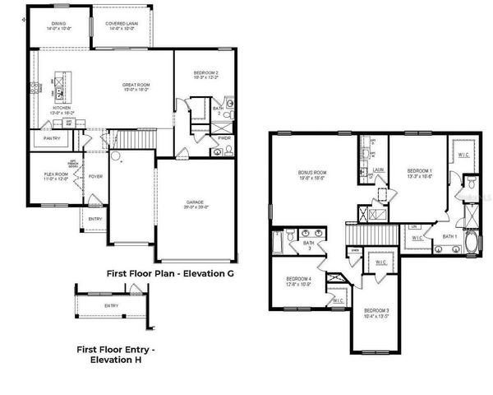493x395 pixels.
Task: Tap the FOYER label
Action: click(x=95, y=176)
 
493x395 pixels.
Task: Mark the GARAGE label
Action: click(x=196, y=204)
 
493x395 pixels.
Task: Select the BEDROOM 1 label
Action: click(x=419, y=172)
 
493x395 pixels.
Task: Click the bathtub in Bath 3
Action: click(x=277, y=244)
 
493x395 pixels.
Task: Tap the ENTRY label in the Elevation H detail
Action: click(x=111, y=306)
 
